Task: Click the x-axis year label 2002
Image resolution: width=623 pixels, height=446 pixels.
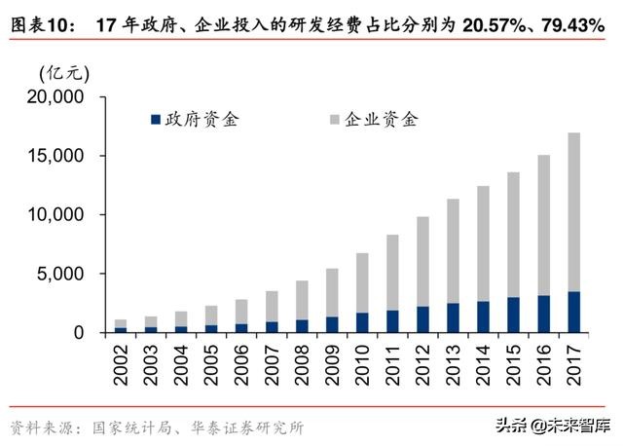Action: [122, 363]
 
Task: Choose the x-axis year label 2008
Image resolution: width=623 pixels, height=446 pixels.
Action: [303, 363]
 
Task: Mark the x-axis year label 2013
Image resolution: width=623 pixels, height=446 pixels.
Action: [454, 363]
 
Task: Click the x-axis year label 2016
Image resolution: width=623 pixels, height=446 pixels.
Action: [544, 363]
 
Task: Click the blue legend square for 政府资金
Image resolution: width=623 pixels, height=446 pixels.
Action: [156, 120]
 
